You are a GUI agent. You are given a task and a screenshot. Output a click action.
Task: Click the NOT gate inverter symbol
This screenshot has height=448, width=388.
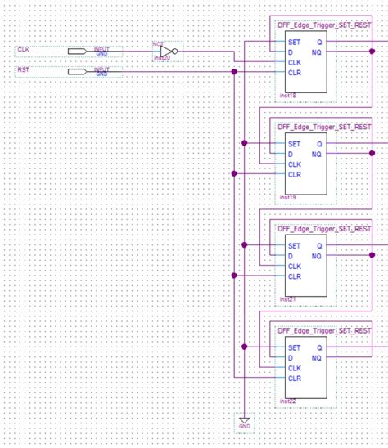coord(166,52)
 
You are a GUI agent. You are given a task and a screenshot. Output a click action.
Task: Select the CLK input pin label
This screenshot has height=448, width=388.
coord(24,51)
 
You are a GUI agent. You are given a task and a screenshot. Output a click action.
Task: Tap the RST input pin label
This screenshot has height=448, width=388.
coord(24,71)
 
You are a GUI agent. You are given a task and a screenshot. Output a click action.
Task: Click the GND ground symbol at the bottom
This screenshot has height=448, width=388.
coord(244,423)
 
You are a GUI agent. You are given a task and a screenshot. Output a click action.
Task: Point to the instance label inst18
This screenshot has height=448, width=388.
coord(286,96)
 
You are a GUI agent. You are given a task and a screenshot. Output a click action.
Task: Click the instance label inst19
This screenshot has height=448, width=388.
coord(286,197)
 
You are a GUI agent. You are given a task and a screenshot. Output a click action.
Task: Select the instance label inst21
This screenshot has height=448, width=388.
coord(286,299)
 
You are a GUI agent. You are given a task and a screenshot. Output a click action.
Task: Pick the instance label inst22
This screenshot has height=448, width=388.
coord(286,401)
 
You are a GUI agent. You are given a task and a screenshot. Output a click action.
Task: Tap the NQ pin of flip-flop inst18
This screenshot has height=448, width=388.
coord(317,52)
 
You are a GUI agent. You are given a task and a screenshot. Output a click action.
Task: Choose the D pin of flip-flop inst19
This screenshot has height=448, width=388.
coord(291,154)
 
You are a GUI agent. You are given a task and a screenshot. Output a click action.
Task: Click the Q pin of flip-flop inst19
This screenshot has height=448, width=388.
coord(318,144)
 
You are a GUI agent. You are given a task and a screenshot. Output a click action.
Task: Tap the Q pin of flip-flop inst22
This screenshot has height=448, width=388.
coord(318,347)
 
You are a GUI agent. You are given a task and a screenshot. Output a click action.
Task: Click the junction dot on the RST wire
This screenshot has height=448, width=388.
coord(234,72)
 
